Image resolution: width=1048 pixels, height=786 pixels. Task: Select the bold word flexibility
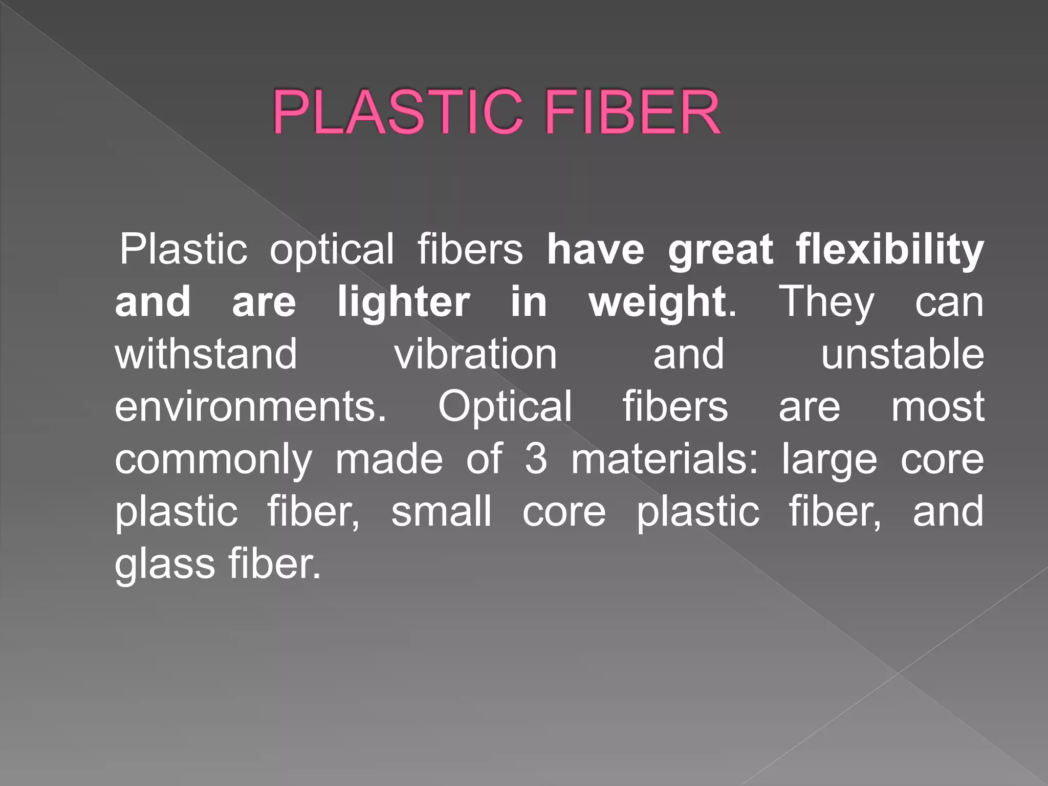889,250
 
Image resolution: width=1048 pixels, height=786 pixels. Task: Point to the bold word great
720,250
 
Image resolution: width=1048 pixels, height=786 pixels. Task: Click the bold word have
595,249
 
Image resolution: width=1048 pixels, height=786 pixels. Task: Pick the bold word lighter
403,302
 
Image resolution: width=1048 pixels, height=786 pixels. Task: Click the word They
826,302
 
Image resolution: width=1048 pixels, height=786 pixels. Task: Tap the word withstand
206,354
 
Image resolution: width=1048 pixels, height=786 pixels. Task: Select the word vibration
475,354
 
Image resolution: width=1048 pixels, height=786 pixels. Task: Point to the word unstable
902,354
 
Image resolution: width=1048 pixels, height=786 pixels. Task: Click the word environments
250,407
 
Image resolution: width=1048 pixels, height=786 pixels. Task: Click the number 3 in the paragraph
536,459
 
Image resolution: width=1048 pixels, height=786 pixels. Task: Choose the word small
441,511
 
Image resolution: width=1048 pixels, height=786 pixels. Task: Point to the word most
937,407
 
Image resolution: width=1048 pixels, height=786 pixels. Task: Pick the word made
389,459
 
